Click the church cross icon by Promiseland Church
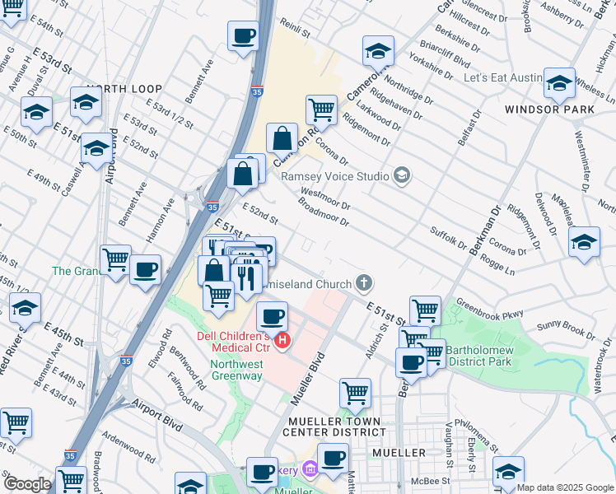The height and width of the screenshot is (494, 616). pos(363,284)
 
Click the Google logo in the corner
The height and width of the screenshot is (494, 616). pos(26,485)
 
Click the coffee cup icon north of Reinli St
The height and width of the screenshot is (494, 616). pos(244,37)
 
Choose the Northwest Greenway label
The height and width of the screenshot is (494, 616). pos(236,370)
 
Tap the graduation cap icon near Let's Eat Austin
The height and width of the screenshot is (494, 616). pos(559,83)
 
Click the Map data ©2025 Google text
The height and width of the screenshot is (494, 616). pos(566,487)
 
